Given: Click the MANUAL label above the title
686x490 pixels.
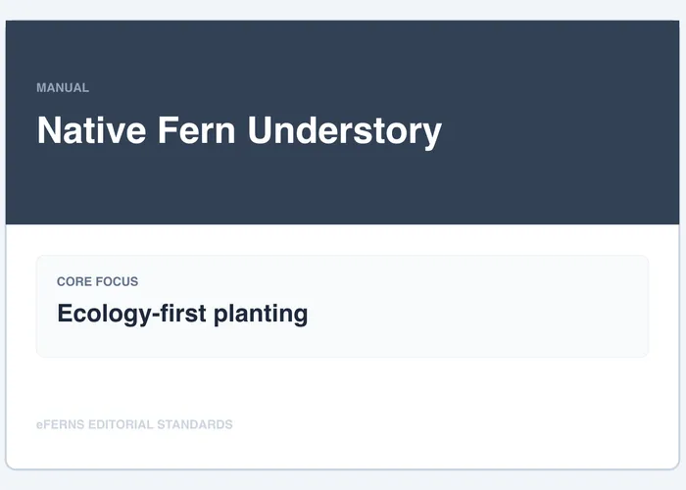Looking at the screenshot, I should (63, 87).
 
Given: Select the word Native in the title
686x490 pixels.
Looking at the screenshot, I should (86, 130).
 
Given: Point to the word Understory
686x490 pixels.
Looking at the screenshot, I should (344, 131).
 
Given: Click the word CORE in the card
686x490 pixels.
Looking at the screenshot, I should (74, 281).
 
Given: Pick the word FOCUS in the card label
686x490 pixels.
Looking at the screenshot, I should (118, 281).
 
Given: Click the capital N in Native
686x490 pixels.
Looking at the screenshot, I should (47, 130).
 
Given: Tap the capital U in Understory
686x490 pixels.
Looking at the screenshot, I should (260, 130).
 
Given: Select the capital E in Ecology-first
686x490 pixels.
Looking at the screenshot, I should (65, 314).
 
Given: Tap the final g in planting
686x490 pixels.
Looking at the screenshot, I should (300, 317).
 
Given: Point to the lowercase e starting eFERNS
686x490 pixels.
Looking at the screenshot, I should (39, 425).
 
